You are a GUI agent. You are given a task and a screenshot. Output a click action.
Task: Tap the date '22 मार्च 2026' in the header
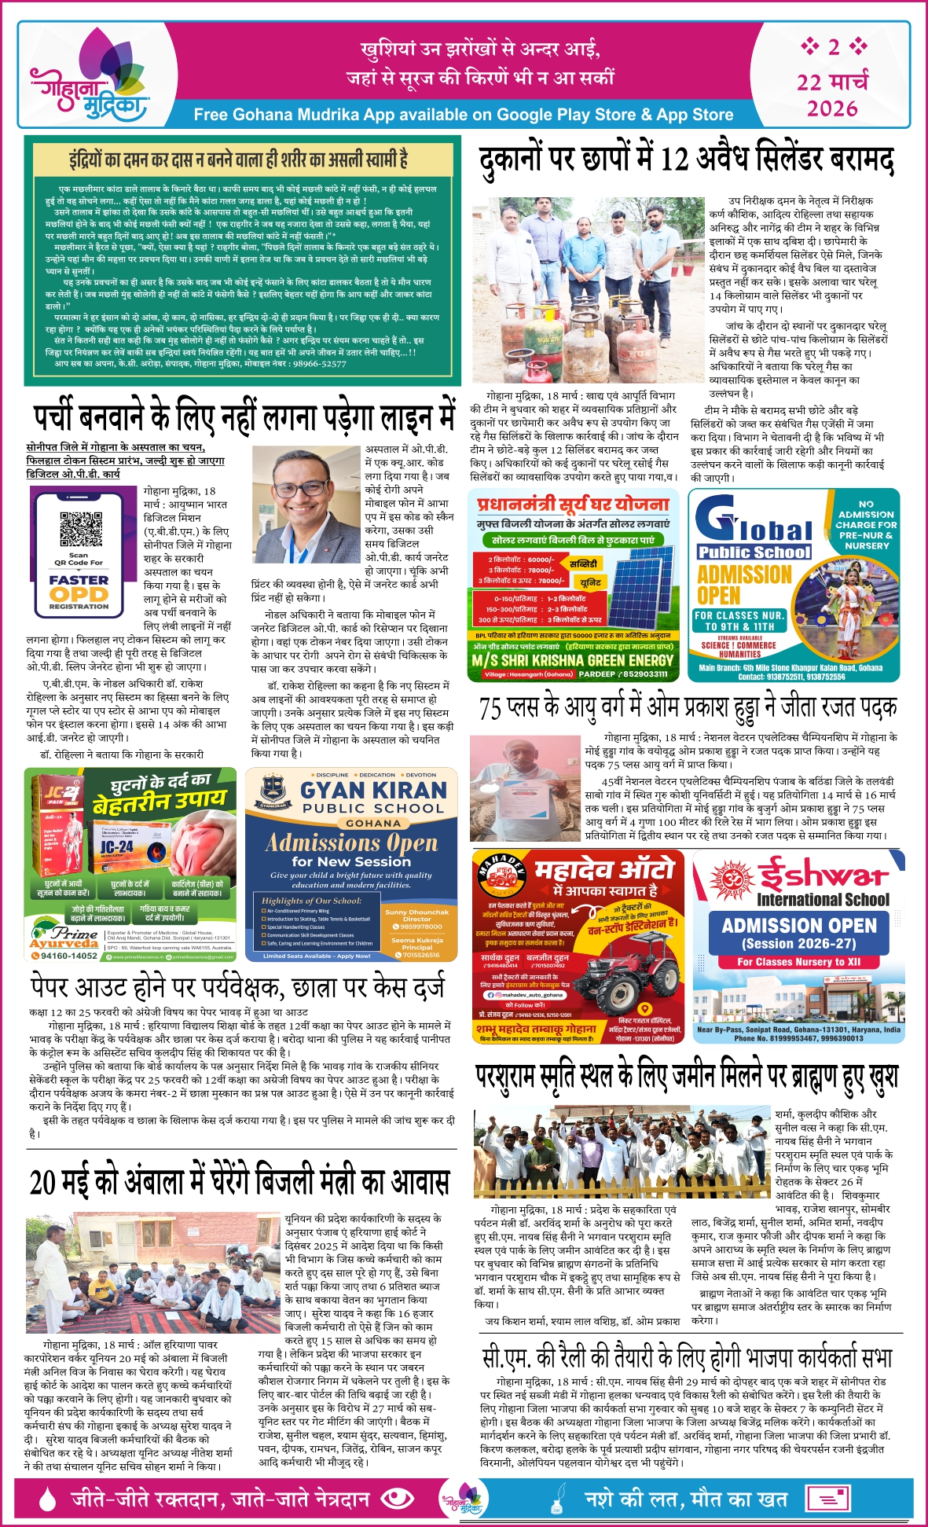pos(833,94)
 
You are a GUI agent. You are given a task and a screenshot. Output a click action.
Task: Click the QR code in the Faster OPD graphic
pos(81,529)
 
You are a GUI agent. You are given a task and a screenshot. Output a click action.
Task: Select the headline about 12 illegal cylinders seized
pos(686,160)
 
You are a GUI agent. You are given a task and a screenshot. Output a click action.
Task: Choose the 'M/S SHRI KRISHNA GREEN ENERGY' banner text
pos(573,660)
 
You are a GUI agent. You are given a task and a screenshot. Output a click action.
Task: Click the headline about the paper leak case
pos(237,987)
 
